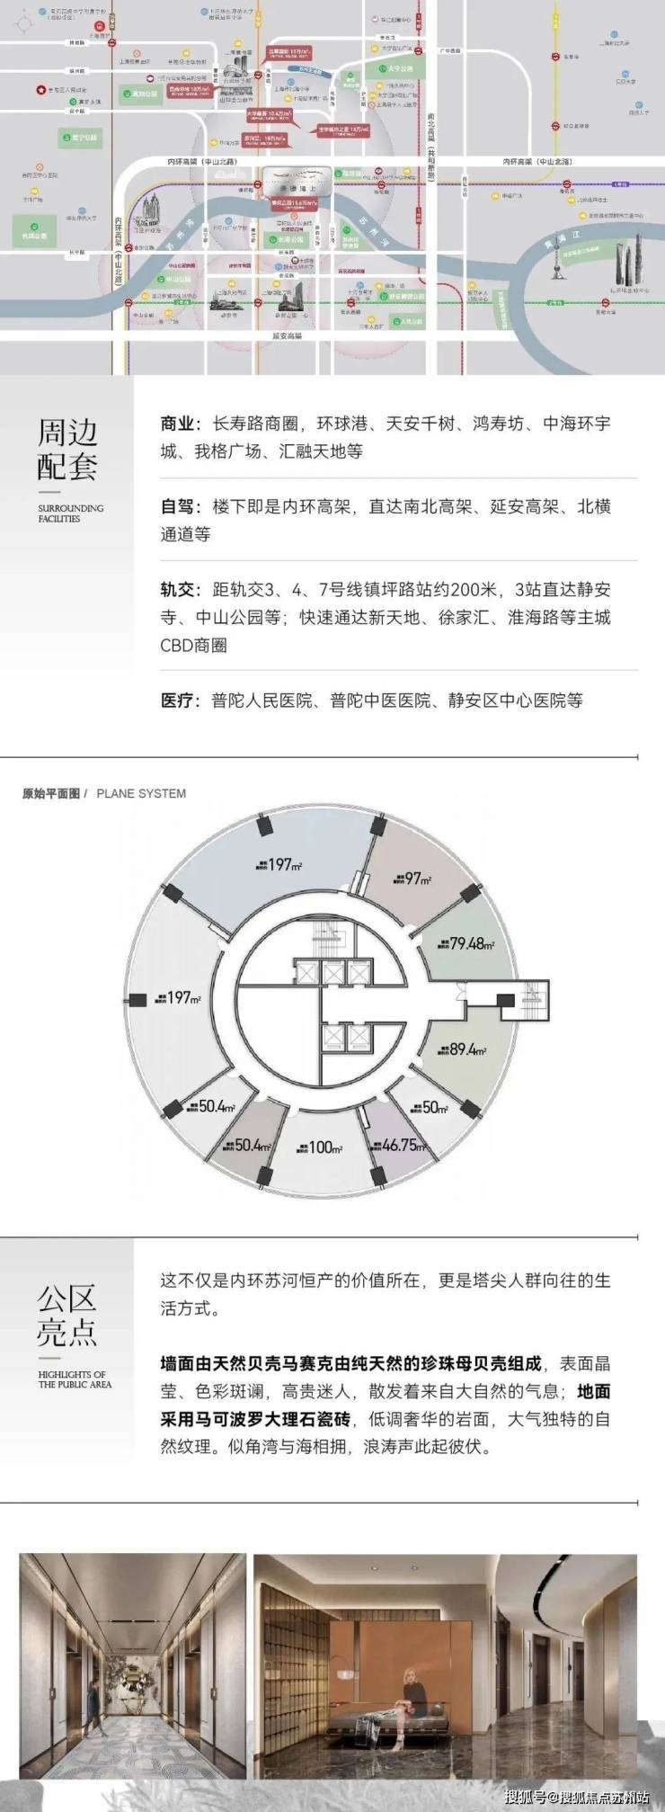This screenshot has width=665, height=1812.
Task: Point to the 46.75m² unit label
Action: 403,1146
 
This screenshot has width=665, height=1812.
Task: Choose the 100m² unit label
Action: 324,1147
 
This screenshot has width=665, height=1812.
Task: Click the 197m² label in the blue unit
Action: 281,864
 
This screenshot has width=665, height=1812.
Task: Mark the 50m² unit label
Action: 433,1108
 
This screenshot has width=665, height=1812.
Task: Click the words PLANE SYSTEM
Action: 141,793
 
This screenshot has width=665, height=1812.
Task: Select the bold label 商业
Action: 177,424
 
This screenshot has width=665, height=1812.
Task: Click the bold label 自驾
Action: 177,506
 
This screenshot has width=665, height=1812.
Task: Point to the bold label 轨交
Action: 177,590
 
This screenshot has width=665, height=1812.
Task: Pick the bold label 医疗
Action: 177,700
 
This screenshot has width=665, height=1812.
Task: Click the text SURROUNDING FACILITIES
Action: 70,513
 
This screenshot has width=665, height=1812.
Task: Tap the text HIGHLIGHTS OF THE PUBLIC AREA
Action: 74,1379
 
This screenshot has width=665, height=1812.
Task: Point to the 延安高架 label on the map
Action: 287,335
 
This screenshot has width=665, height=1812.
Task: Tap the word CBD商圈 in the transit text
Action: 193,646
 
